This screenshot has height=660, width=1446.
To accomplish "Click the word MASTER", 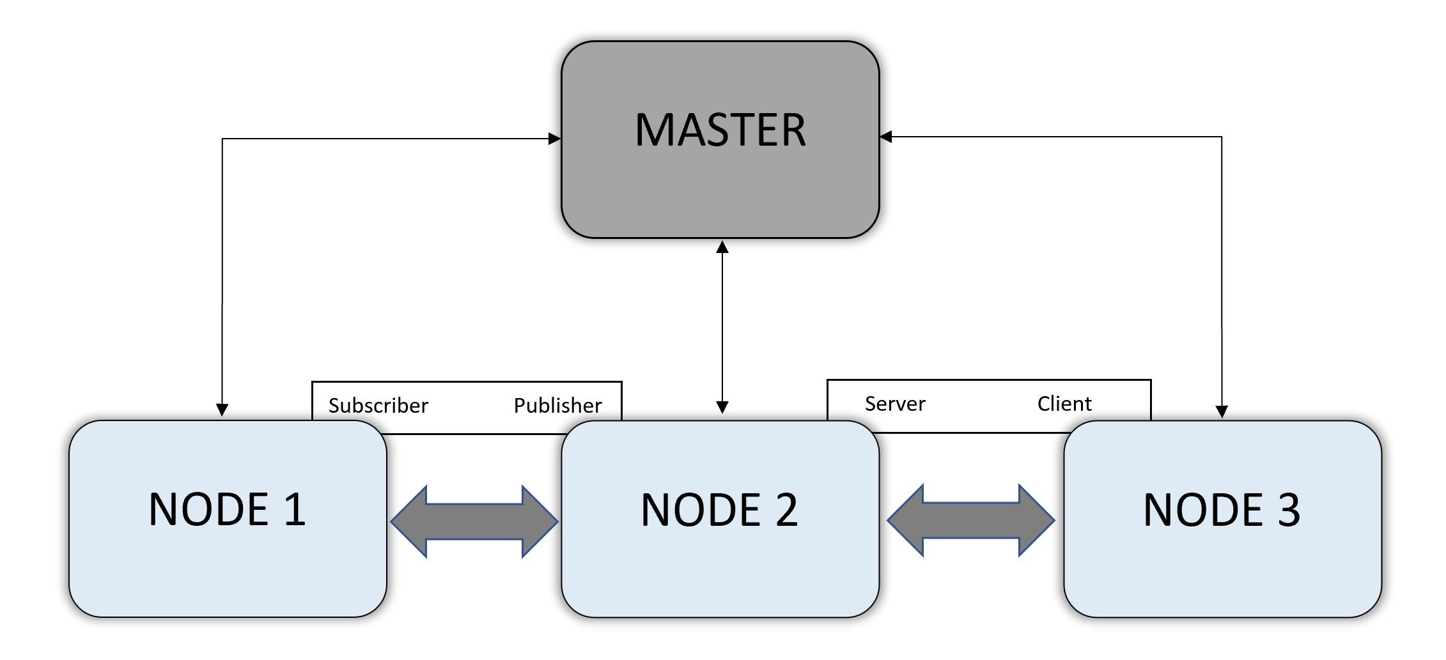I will pos(720,130).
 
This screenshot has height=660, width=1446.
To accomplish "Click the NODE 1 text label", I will pos(227,509).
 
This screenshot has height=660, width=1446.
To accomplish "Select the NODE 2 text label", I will pos(719,510).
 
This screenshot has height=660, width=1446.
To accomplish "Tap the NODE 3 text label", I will pos(1221,510).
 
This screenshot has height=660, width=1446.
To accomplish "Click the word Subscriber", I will pos(378,406).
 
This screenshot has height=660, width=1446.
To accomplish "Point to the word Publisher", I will pos(557,406).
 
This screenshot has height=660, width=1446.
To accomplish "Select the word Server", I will pos(894,404).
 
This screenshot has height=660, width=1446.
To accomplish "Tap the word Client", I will pos(1064,404).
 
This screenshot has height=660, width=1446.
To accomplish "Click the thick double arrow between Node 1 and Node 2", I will pos(474,521).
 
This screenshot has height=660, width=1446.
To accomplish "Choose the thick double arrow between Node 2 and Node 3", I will pos(970,520).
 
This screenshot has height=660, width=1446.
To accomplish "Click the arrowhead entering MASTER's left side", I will pos(554,139).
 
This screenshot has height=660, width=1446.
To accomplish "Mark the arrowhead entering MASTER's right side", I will pos(886,137).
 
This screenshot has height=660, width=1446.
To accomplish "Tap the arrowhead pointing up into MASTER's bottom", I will pos(722,248).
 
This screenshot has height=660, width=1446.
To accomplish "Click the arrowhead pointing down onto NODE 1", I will pos(222,410).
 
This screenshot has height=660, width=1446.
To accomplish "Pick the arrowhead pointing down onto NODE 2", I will pos(722,407).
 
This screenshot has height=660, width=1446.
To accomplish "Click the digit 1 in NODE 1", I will pos(295,509).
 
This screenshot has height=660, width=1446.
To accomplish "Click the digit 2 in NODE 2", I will pos(786,510).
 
